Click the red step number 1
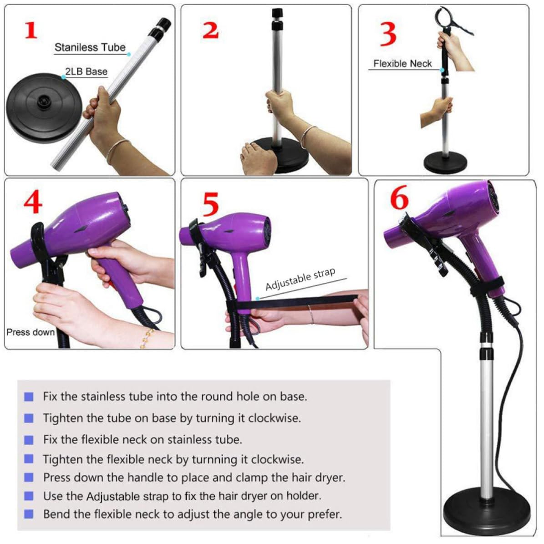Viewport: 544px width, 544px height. (x=31, y=31)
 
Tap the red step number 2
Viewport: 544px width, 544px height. (x=211, y=31)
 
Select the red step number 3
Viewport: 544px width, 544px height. (x=388, y=34)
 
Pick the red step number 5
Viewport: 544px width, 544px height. (x=211, y=204)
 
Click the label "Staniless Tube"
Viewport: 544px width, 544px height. (x=90, y=47)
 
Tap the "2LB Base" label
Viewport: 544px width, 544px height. (x=86, y=71)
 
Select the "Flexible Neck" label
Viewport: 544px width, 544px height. (x=402, y=63)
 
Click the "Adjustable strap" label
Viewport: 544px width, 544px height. (x=300, y=279)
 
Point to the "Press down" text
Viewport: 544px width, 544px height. (x=31, y=332)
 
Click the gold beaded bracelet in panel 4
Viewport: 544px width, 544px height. (x=147, y=338)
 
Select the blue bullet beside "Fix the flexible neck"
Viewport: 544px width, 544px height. (x=29, y=440)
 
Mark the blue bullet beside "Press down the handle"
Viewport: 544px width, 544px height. (x=29, y=478)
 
